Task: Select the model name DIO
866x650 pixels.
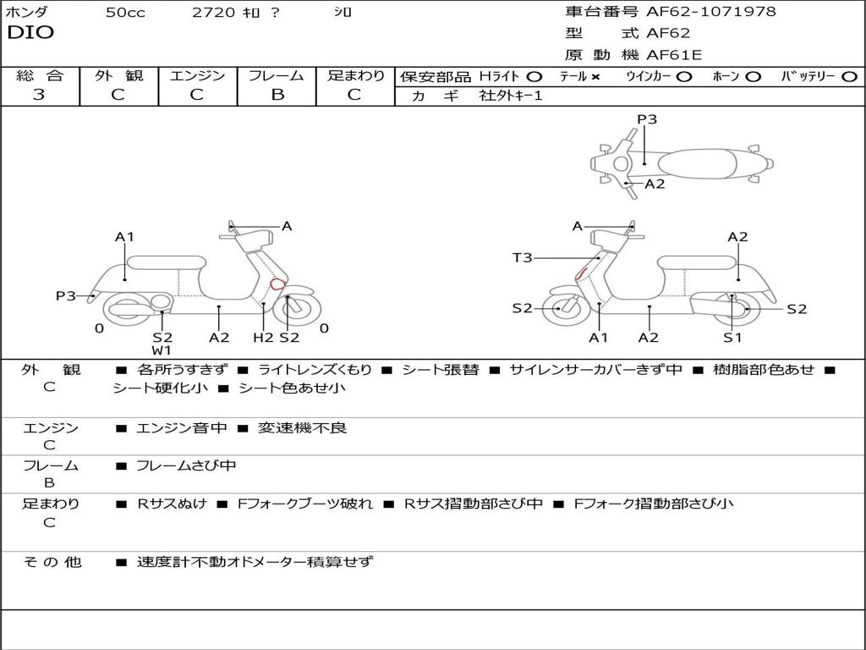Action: (30, 33)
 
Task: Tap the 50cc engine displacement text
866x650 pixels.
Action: (125, 13)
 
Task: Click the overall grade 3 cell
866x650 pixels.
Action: (39, 95)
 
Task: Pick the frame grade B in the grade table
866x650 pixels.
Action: (277, 95)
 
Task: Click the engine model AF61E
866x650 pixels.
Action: (674, 55)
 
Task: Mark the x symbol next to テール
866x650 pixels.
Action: (595, 76)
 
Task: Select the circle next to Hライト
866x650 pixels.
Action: (534, 76)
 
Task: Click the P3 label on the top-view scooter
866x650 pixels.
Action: (647, 119)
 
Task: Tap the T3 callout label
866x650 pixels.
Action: (523, 257)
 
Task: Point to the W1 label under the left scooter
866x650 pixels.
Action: (162, 350)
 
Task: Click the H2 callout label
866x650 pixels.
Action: (264, 338)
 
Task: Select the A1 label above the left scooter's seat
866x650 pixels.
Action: (125, 237)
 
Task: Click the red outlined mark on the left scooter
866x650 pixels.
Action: (277, 284)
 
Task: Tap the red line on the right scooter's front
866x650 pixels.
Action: (582, 273)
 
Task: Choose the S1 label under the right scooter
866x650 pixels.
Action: (732, 338)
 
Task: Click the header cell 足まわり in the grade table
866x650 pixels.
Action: (355, 75)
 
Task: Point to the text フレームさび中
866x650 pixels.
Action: (186, 465)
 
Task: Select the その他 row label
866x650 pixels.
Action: (52, 561)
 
